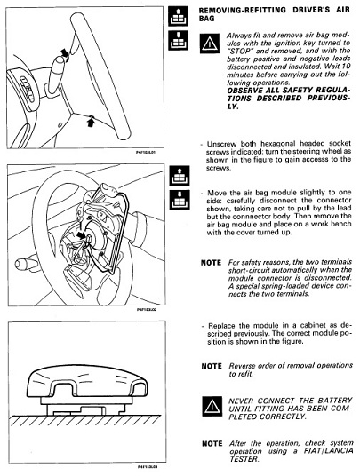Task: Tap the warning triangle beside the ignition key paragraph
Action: (210, 44)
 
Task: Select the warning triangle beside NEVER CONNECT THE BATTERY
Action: (212, 406)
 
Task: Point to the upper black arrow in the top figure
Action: (65, 52)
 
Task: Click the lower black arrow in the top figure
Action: (91, 123)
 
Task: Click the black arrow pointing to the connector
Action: (82, 234)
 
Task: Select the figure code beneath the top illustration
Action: (146, 152)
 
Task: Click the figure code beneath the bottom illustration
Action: (148, 466)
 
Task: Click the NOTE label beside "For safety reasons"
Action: (211, 263)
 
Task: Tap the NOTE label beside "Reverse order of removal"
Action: (212, 366)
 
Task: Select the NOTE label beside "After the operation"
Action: (212, 443)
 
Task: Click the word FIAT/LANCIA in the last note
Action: (328, 451)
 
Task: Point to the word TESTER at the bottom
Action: (244, 459)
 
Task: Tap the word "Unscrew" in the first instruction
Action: (222, 144)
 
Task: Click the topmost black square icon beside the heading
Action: (179, 16)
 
